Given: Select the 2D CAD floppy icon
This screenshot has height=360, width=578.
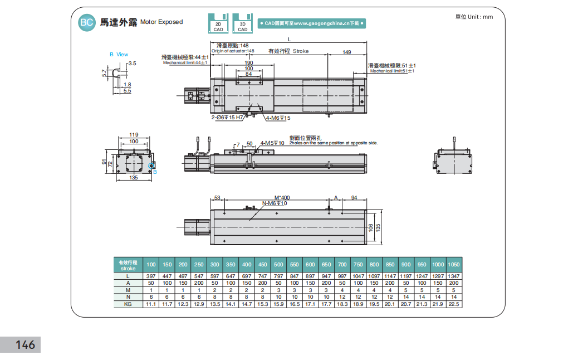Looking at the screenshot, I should tap(219, 23).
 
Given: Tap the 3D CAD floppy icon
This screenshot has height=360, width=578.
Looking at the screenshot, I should tap(243, 23).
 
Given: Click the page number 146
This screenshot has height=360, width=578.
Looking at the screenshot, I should tap(26, 345).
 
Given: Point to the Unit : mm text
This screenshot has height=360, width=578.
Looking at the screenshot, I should tap(474, 17).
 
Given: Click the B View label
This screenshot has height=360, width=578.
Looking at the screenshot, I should tap(119, 54).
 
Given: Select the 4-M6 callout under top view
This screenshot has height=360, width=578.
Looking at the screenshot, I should tap(278, 118).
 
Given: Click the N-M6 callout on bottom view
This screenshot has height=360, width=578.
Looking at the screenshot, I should tap(274, 203).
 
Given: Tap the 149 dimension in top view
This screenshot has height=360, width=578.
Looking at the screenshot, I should tap(346, 52).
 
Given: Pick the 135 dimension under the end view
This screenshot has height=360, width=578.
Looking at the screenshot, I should tap(134, 178).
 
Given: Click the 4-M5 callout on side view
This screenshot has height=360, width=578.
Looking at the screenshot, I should tap(272, 143).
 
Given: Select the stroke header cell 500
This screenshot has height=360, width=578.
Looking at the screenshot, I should tap(278, 264).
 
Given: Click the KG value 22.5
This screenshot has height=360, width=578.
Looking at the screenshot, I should tap(454, 304).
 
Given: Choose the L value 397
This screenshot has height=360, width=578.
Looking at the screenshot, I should tap(150, 276).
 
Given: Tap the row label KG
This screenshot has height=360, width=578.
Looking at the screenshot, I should tap(128, 304).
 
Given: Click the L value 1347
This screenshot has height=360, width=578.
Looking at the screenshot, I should tap(454, 276).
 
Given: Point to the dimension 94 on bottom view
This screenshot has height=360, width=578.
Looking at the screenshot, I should tap(354, 197).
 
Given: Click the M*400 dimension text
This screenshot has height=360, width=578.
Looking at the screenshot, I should tap(282, 197).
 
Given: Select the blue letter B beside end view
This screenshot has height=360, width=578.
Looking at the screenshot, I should tap(155, 172).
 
